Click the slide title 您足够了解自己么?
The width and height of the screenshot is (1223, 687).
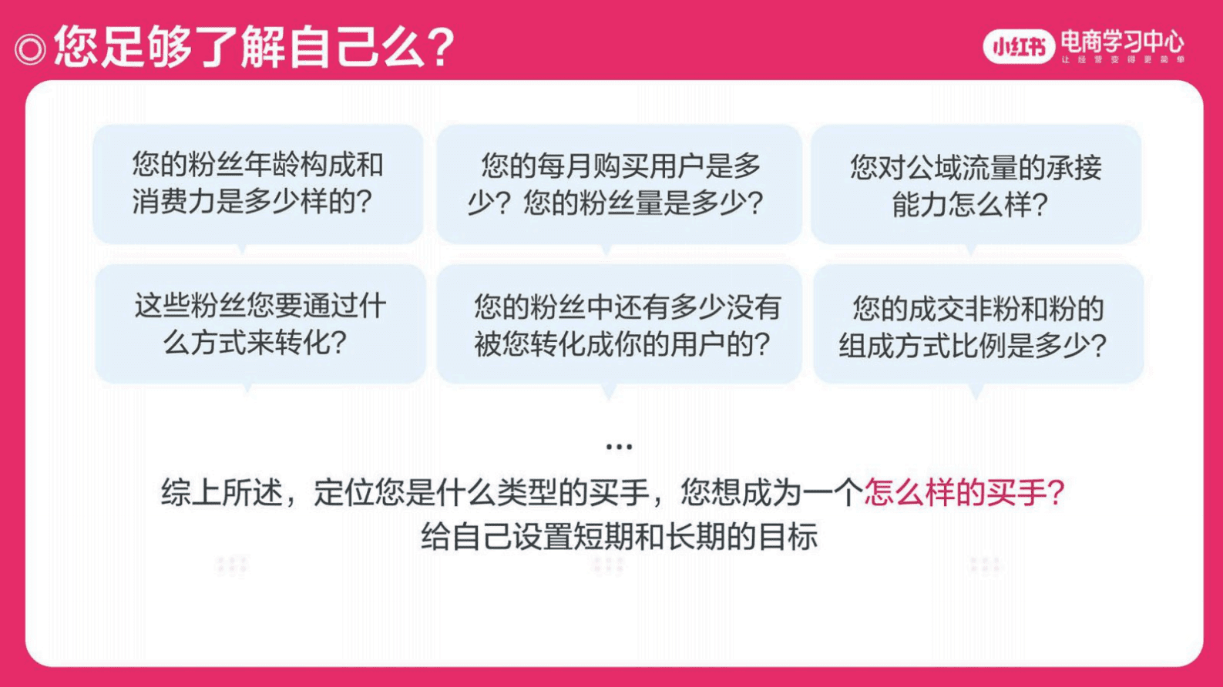(254, 46)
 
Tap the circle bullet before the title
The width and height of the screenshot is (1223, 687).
(30, 49)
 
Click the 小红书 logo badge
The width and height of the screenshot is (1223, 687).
(1018, 47)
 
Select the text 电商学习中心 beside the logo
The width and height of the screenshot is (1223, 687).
(1121, 40)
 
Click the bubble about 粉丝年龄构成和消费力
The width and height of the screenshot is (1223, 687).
(257, 183)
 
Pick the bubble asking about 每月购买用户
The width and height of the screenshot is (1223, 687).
(618, 183)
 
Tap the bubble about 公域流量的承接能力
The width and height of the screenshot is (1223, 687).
(975, 185)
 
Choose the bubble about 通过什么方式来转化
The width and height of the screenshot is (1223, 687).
(260, 323)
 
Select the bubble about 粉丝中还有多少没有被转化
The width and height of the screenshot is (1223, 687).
(618, 324)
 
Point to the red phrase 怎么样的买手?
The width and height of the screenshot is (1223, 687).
(963, 491)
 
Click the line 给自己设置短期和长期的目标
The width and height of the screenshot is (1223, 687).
(618, 536)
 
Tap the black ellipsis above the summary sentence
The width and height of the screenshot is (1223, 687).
(618, 446)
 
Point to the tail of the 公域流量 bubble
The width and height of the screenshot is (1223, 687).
(971, 250)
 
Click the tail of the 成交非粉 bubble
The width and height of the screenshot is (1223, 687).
(976, 393)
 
